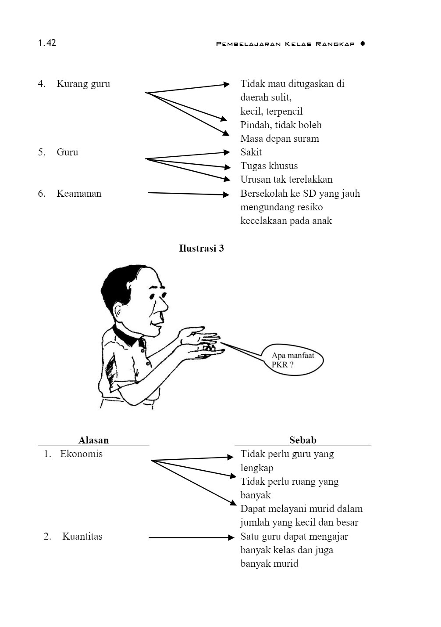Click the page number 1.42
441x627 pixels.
coord(47,43)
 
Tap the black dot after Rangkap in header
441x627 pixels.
coord(363,43)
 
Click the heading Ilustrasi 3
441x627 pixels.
coord(201,249)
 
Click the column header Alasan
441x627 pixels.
coord(93,440)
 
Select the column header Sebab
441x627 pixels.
coord(302,440)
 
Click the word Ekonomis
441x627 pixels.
coord(81,454)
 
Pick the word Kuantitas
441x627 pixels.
coord(82,537)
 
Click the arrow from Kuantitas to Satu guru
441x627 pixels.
coord(192,537)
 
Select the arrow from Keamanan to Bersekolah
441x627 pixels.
coord(188,194)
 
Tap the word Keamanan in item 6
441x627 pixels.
coord(79,194)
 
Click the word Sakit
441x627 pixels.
coord(251,152)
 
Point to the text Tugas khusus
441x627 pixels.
coord(269,166)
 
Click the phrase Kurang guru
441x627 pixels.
coord(83,84)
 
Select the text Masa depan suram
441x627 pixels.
coord(280,139)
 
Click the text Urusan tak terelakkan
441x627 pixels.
coord(286,180)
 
